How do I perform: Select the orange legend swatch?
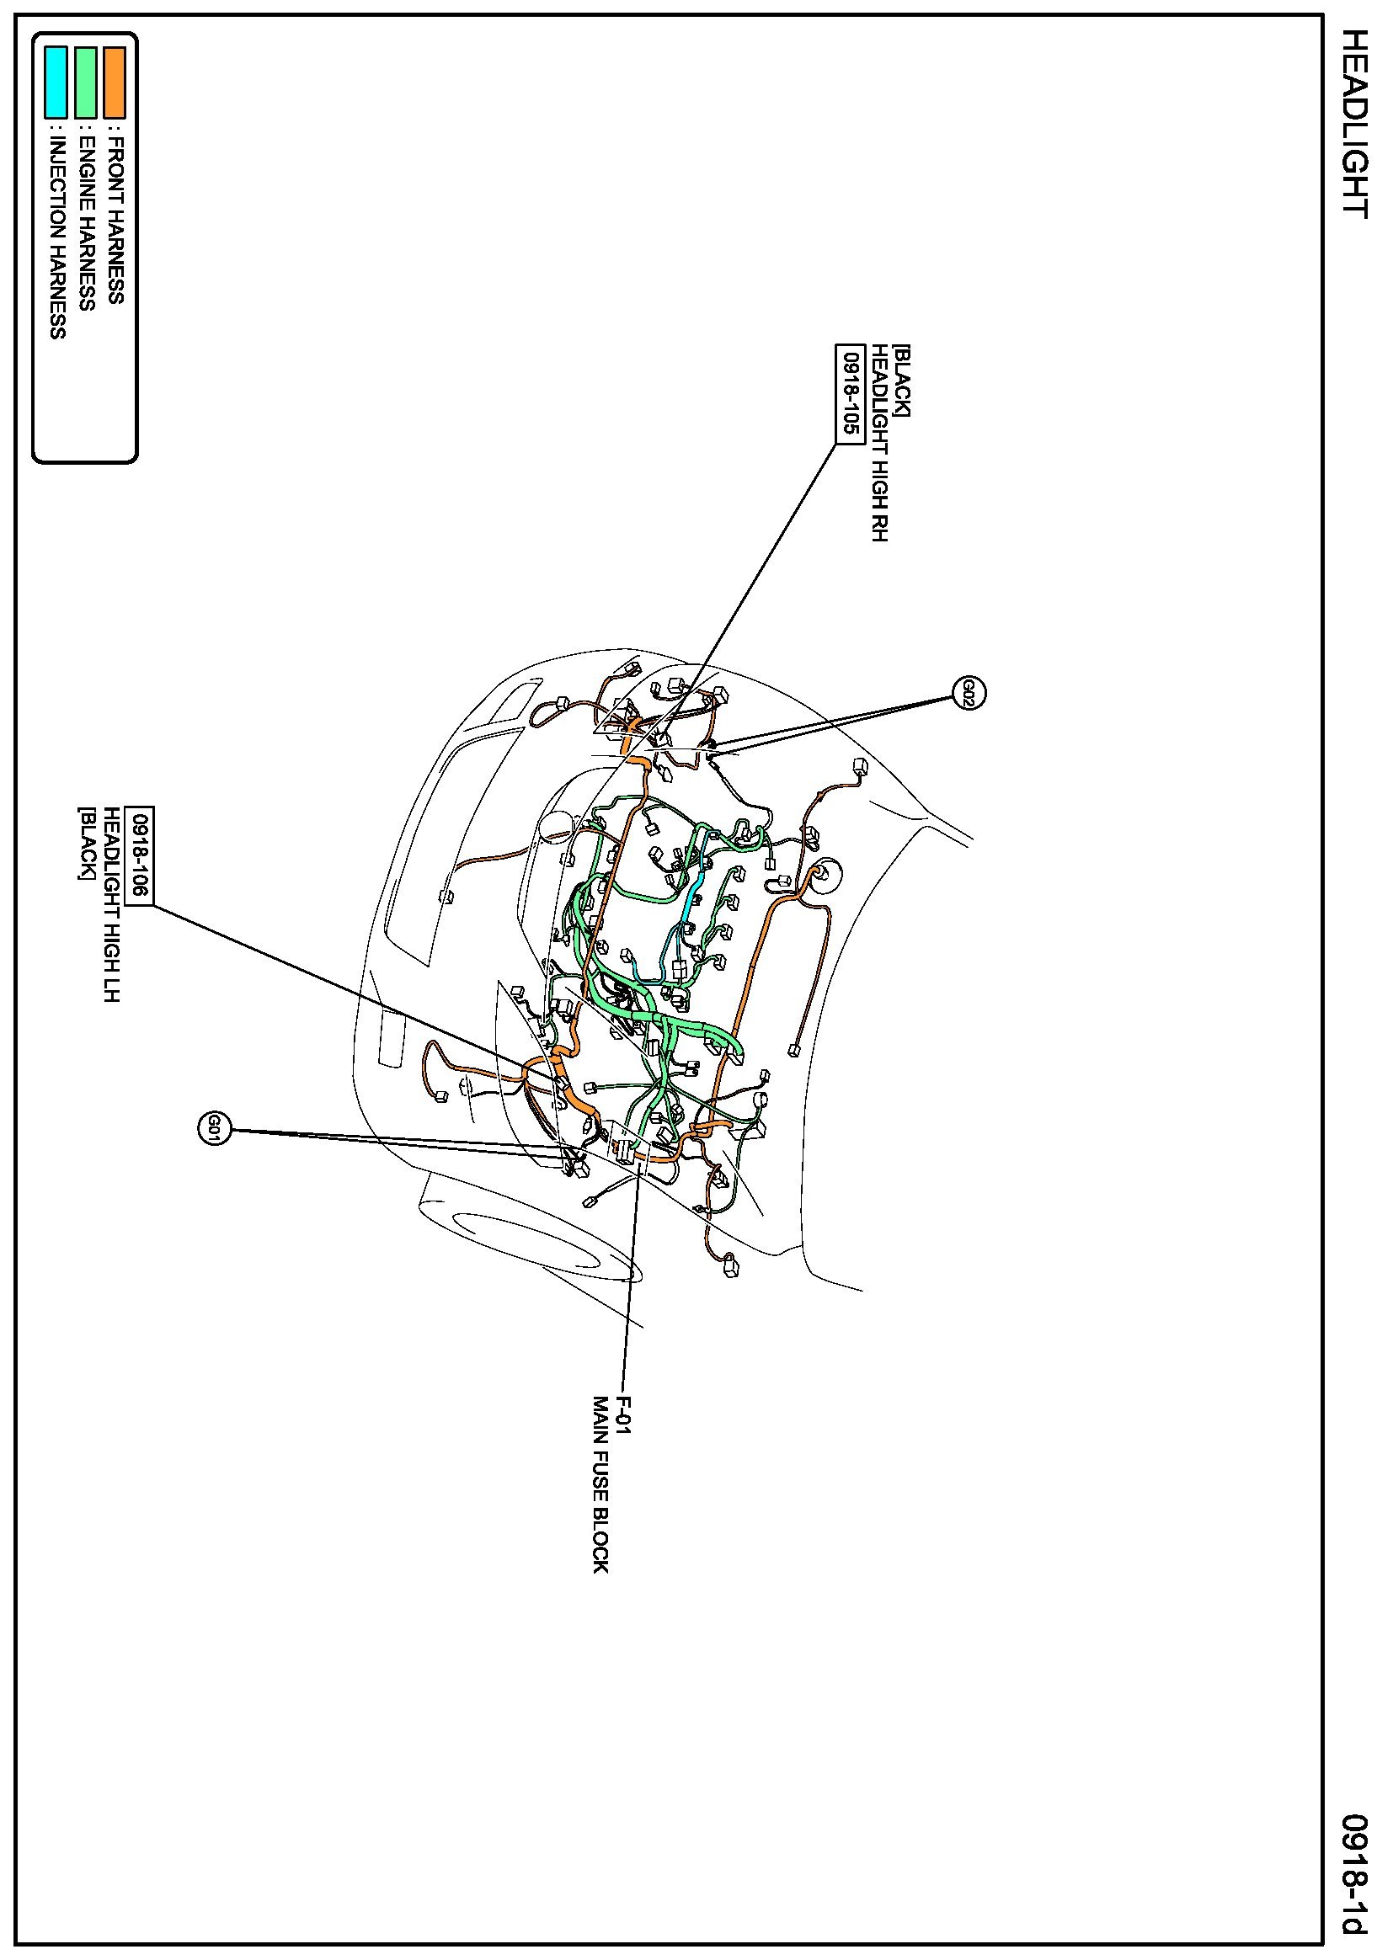(115, 82)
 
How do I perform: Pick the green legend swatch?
(85, 82)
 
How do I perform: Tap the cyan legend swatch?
(56, 82)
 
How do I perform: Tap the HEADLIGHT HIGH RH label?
(879, 443)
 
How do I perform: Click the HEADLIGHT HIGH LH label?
(111, 904)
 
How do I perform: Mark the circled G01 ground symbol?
(212, 1131)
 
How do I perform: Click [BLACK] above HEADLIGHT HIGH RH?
(901, 381)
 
